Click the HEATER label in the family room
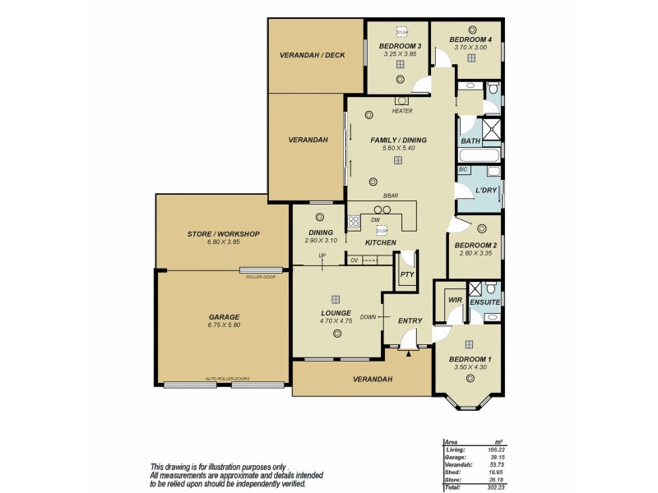pos(402,111)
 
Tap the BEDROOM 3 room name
pos(400,46)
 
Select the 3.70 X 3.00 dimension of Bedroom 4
pos(470,47)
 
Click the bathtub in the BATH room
pos(476,154)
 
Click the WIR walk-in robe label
pos(455,300)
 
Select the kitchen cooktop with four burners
pos(354,220)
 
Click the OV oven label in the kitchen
pos(354,260)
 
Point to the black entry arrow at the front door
pos(409,353)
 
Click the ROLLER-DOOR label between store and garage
pos(260,277)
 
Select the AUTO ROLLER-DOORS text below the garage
pos(227,379)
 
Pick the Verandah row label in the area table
pos(457,464)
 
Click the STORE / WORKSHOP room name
pos(223,234)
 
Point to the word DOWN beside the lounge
pos(369,316)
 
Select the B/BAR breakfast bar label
pos(391,196)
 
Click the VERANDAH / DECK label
pos(312,55)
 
